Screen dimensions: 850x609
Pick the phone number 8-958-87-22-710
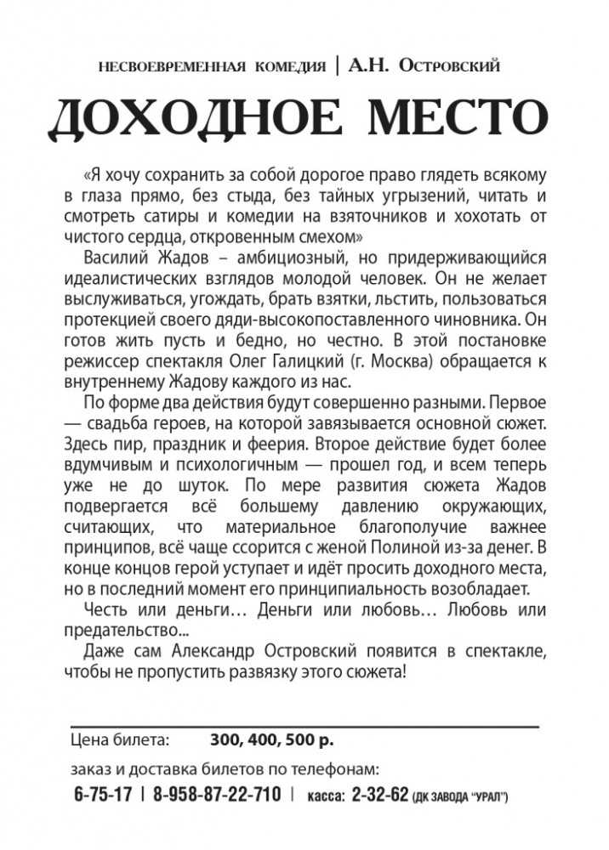218,795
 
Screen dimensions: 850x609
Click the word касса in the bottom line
322,796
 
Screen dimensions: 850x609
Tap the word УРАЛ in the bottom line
489,797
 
